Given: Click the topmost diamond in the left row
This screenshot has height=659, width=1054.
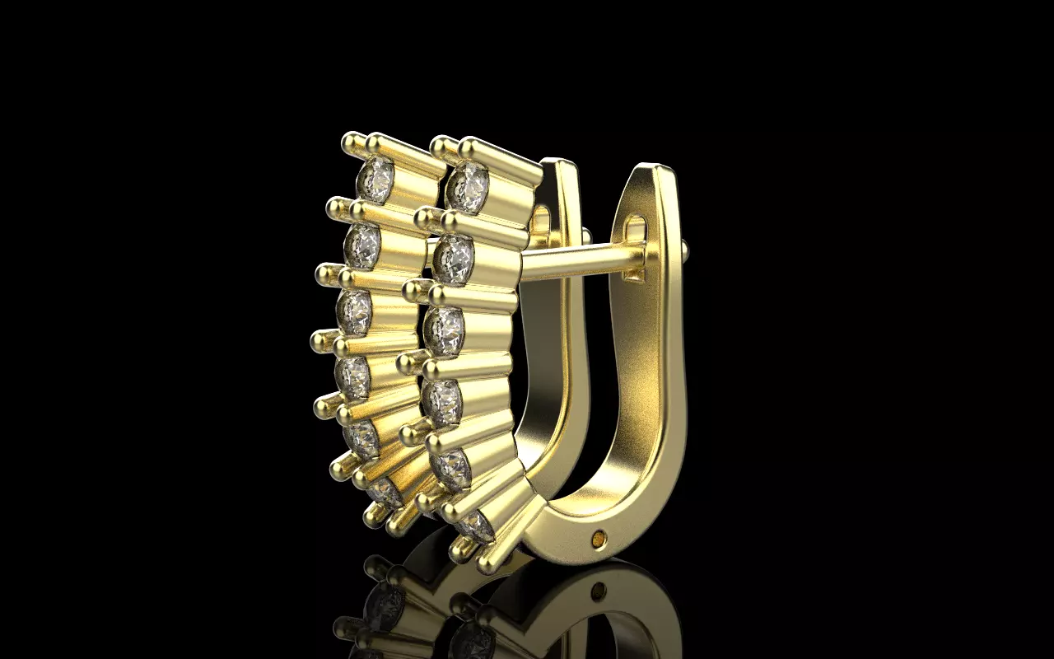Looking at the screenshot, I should (x=376, y=176).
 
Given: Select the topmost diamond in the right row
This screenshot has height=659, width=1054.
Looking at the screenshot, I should (x=469, y=187).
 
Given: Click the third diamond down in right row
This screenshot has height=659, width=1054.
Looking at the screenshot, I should (x=445, y=330).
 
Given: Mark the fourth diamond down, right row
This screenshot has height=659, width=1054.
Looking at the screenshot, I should (x=443, y=401).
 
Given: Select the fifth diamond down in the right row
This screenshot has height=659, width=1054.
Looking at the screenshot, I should (x=452, y=466).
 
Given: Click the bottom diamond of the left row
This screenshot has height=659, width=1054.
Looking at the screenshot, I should (x=383, y=492).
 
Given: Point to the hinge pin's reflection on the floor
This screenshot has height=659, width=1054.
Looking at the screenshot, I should (x=600, y=591).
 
